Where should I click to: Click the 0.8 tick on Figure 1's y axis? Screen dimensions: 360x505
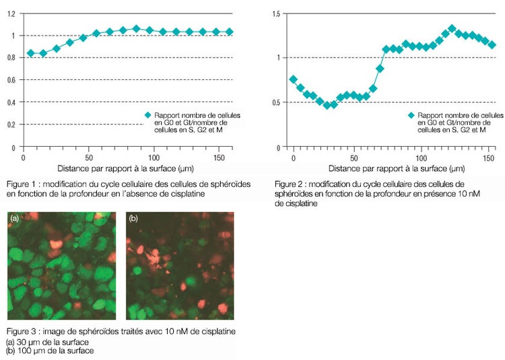(13, 57)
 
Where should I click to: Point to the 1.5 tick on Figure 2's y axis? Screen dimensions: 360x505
(276, 13)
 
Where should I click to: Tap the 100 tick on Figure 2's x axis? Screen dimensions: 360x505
(420, 157)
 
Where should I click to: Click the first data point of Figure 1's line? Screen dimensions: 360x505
(30, 53)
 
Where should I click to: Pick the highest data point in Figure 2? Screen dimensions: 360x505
(452, 29)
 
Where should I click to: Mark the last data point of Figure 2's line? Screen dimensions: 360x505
(492, 45)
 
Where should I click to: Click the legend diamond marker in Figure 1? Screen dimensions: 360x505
(147, 115)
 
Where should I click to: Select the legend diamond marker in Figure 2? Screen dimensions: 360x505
(411, 115)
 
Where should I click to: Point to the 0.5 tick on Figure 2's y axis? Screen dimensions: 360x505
(276, 102)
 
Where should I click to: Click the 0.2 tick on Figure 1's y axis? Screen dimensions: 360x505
(13, 124)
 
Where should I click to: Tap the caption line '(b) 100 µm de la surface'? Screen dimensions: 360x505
(50, 350)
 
